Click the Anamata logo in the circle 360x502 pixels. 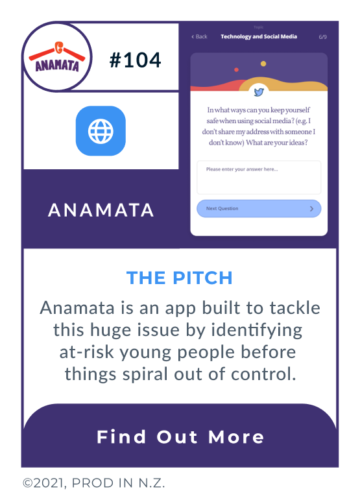(x=57, y=59)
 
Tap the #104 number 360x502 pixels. (x=135, y=60)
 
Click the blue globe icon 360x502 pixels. (x=101, y=131)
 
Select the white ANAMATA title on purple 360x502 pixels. (x=101, y=209)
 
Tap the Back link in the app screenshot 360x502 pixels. (x=200, y=37)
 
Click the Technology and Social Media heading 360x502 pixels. (x=259, y=37)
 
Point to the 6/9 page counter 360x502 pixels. (x=322, y=37)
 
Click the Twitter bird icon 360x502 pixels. (x=259, y=91)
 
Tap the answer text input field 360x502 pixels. (x=259, y=177)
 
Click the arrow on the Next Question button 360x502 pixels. (x=311, y=209)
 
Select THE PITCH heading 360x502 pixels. (x=180, y=278)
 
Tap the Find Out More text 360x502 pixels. (x=180, y=436)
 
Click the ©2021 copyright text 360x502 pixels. (x=94, y=483)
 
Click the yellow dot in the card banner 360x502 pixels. (x=263, y=64)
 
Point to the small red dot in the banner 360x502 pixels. (x=236, y=69)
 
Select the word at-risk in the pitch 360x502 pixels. (x=88, y=352)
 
